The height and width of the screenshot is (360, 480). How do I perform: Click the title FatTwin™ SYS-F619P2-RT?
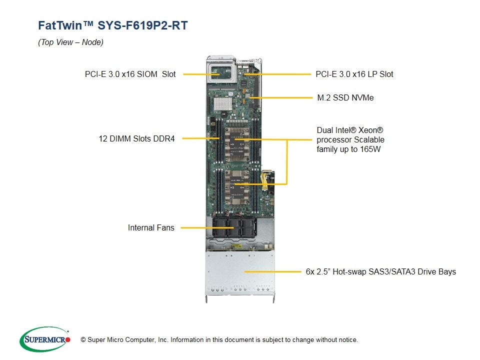pos(113,25)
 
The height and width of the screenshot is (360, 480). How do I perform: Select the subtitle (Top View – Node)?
pos(70,42)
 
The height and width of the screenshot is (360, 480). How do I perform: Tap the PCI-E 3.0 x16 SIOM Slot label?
pos(130,74)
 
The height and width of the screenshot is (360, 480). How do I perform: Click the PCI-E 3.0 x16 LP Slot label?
pos(354,74)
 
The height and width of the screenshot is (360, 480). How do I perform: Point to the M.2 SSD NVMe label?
pos(345,97)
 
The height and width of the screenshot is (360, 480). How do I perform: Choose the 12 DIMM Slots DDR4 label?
pos(136,138)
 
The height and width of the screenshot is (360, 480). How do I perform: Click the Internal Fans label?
pos(151,227)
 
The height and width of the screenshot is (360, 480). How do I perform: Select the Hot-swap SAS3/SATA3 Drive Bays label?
pos(380,271)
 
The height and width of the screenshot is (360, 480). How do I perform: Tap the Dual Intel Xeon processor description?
pos(350,139)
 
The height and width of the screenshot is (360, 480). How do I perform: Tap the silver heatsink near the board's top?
pos(222,103)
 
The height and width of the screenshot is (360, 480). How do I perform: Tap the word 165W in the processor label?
pos(370,149)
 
